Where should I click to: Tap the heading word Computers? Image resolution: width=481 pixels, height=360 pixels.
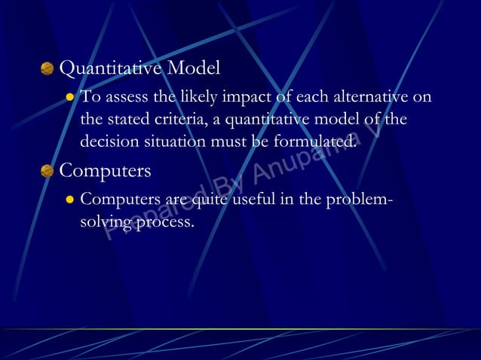[x=105, y=171]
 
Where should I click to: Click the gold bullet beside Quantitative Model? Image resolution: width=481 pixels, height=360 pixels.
[x=47, y=69]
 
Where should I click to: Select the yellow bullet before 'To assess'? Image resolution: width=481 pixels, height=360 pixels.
[x=69, y=97]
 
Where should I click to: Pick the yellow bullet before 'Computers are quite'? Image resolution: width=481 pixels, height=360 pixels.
[x=69, y=200]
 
